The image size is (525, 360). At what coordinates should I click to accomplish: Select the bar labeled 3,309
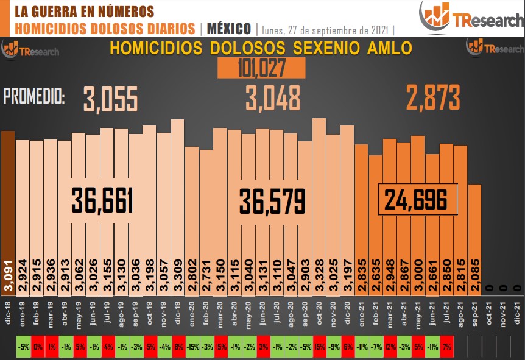(177, 201)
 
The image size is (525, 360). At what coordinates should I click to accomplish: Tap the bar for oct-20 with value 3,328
(319, 201)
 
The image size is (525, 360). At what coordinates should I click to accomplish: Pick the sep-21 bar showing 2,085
(474, 231)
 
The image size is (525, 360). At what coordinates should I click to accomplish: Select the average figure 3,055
(111, 99)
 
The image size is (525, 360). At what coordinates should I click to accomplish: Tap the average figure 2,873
(434, 97)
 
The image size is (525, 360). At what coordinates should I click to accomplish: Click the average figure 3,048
(273, 98)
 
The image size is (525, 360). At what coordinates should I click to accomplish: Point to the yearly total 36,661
(102, 200)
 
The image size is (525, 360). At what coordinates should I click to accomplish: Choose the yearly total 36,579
(272, 200)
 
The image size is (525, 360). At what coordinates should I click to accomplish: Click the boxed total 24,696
(418, 199)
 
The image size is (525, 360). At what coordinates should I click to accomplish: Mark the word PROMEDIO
(35, 96)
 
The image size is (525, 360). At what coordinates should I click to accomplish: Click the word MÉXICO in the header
(229, 29)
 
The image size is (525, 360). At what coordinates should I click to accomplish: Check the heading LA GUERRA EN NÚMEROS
(83, 12)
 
